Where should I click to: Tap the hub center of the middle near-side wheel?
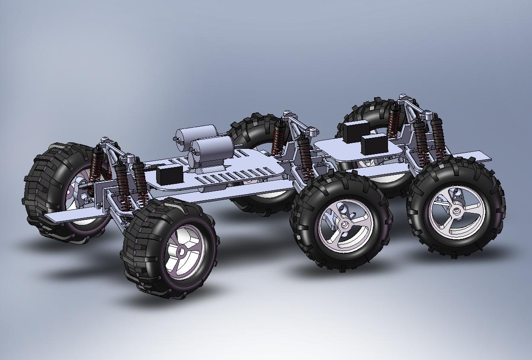click(345, 225)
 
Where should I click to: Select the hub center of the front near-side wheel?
click(181, 251)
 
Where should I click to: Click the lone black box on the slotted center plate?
click(169, 174)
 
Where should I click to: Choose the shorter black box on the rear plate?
click(374, 144)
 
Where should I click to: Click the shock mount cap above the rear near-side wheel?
click(428, 115)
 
